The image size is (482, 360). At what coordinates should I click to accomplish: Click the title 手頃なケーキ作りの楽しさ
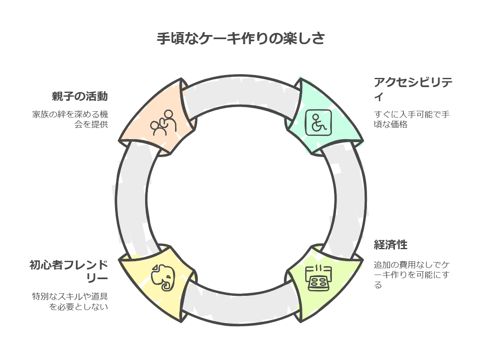[241, 38]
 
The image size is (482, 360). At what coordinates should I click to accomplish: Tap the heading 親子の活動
[80, 97]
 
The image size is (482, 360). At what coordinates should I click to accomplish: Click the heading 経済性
[390, 245]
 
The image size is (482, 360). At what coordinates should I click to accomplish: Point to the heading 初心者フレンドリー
[69, 271]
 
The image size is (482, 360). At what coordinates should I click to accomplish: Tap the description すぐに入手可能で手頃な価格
[411, 119]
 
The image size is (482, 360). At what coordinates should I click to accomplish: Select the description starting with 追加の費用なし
[411, 275]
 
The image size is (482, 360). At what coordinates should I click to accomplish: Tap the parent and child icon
[163, 122]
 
